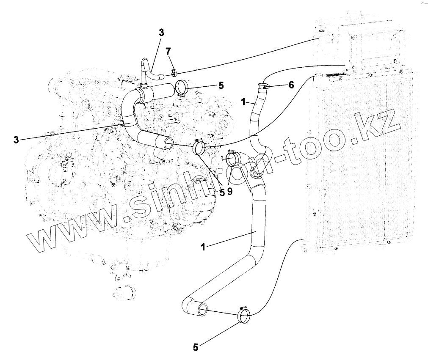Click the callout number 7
[168, 52]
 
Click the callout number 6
[291, 85]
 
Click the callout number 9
[230, 192]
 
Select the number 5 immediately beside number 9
[221, 192]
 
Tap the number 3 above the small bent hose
[161, 32]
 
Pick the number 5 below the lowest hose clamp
[195, 347]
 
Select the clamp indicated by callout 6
[263, 86]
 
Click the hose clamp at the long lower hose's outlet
[244, 315]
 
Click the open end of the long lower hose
[202, 310]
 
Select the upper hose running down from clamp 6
[256, 118]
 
